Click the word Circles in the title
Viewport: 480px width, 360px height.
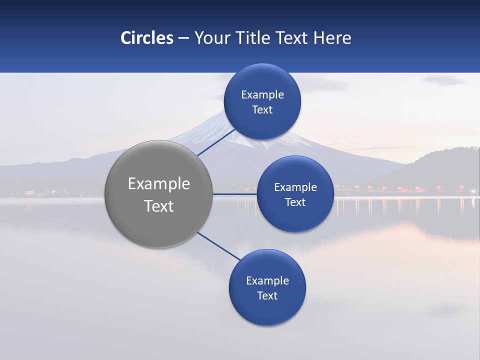[147, 38]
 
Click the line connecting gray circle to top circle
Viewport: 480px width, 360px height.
[216, 142]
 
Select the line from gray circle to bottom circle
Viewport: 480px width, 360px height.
[218, 246]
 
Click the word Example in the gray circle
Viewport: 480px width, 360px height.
[159, 184]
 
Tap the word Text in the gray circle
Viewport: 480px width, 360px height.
[159, 206]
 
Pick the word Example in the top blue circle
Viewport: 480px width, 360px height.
[262, 95]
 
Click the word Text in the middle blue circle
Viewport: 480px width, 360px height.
[295, 202]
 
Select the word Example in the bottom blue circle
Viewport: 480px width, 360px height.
[267, 281]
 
